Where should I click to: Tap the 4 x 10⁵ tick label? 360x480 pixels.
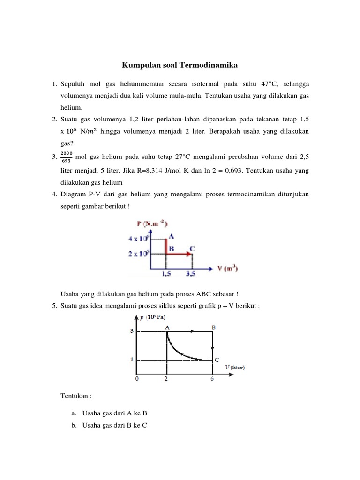click(138, 239)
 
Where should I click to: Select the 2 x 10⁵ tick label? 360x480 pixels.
click(138, 254)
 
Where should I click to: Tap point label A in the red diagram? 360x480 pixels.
click(172, 237)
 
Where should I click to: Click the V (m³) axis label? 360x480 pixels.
click(227, 269)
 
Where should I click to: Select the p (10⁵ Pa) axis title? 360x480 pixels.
click(153, 317)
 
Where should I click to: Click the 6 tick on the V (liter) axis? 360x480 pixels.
click(212, 379)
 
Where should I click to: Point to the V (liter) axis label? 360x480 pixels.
click(234, 367)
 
